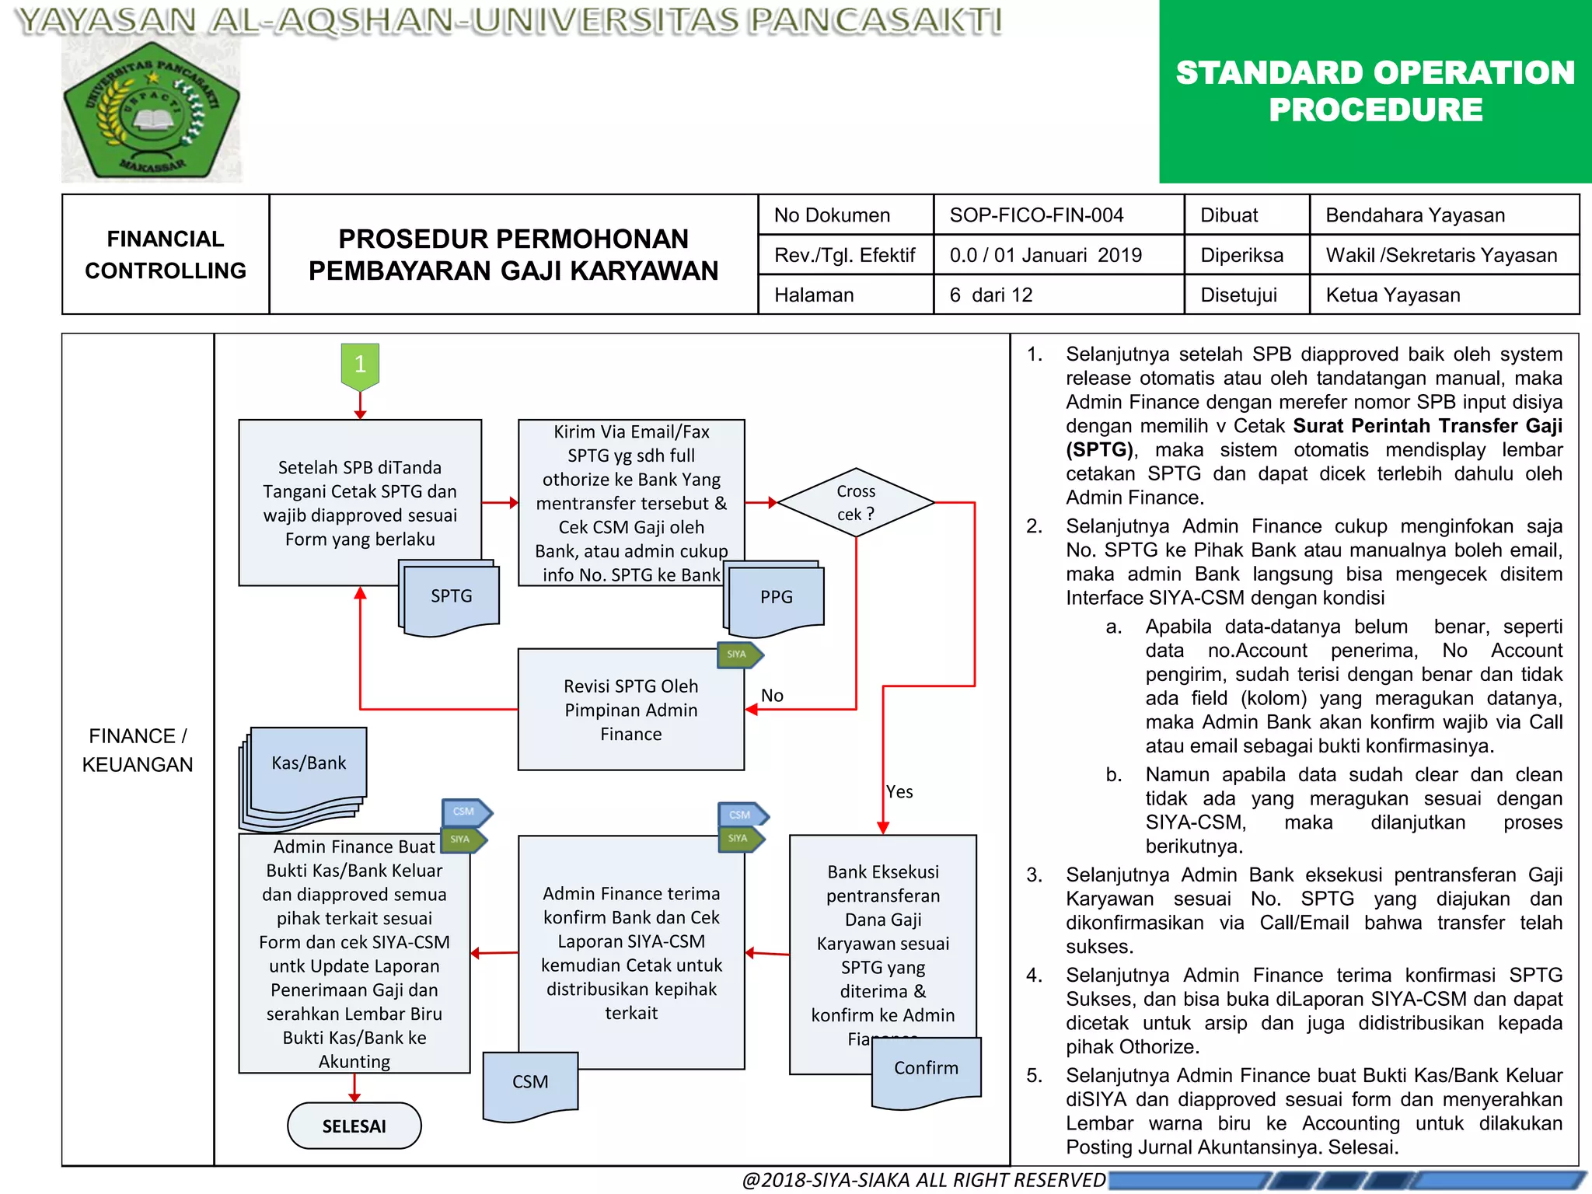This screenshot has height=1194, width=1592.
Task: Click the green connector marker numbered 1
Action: (x=360, y=365)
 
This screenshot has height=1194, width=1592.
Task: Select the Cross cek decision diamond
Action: (x=856, y=503)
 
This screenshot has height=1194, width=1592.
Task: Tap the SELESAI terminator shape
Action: (x=354, y=1126)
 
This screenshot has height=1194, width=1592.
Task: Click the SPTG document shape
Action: (x=452, y=596)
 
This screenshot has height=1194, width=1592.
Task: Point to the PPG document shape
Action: (x=776, y=597)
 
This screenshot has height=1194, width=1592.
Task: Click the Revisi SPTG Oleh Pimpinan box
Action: (x=630, y=710)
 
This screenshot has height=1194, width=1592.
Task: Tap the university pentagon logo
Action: (x=152, y=113)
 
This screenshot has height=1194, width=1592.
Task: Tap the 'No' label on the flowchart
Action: (x=772, y=696)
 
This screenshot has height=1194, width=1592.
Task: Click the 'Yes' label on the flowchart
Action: (x=899, y=792)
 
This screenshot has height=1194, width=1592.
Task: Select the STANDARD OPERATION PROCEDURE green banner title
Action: (x=1375, y=91)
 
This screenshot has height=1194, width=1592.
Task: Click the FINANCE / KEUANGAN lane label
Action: (x=138, y=750)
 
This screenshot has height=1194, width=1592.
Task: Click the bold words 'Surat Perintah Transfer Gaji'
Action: (x=1427, y=426)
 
